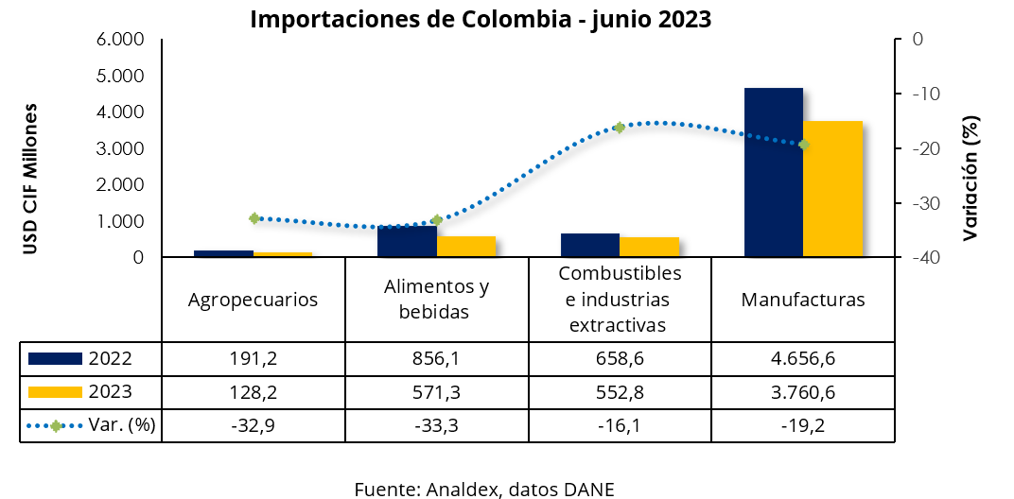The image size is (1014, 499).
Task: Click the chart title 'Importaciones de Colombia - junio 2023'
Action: click(481, 19)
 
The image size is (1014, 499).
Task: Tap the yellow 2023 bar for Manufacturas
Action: click(832, 189)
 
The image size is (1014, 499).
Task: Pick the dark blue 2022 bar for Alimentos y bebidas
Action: click(407, 242)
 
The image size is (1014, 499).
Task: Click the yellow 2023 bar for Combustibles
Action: click(649, 247)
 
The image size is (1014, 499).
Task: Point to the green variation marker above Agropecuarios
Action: click(254, 218)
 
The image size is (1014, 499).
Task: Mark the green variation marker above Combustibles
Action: click(620, 127)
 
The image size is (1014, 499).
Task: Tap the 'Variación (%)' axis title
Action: click(971, 177)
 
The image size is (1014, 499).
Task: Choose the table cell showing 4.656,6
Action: click(802, 358)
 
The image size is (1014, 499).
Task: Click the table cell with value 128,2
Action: click(253, 391)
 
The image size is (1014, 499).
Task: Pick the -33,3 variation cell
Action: click(436, 425)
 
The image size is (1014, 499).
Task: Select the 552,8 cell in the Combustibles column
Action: click(620, 391)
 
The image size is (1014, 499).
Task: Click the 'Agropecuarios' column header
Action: click(253, 300)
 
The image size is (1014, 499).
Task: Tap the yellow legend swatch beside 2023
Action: click(56, 391)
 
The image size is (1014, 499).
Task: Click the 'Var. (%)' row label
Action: click(121, 425)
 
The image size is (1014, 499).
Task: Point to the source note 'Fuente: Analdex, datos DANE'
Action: click(484, 489)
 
